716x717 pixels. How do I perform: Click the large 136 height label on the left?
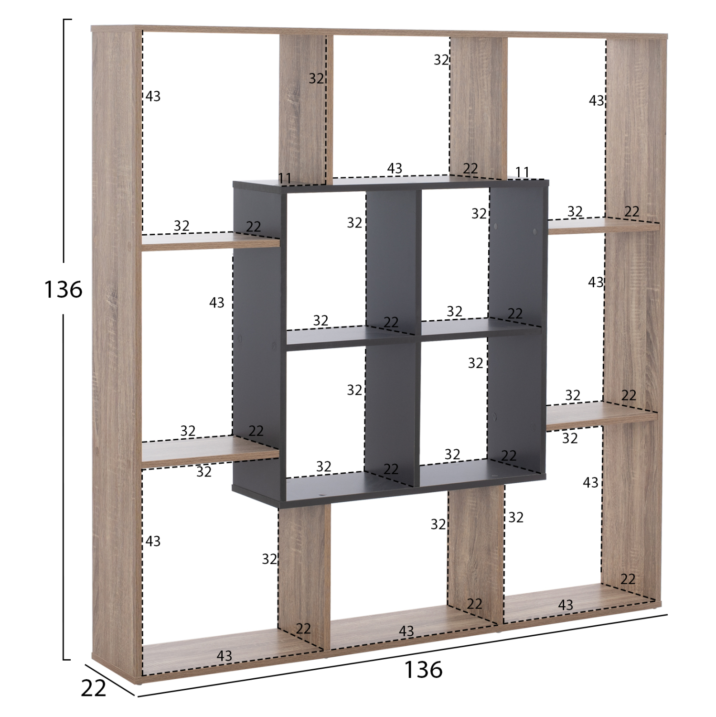point(63,290)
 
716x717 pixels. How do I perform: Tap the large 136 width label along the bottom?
point(423,670)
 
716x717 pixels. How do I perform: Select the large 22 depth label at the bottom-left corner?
point(93,688)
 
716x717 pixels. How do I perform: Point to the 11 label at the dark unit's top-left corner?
point(285,178)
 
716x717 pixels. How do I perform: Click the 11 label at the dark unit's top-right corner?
point(522,172)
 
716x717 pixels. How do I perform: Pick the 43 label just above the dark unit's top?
point(395,168)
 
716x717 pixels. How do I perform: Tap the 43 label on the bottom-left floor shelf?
point(224,656)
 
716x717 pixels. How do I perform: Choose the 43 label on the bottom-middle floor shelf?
point(406,631)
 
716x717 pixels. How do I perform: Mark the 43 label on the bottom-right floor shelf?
point(565,605)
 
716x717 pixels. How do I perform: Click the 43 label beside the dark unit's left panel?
point(216,303)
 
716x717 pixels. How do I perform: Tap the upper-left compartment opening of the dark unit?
point(325,258)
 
